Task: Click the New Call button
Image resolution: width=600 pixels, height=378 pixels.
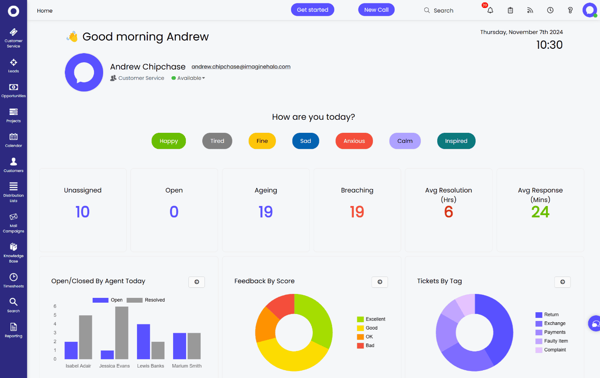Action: pyautogui.click(x=376, y=10)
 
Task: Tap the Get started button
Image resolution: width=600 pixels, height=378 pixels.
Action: pyautogui.click(x=312, y=10)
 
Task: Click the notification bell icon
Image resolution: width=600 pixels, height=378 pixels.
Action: pyautogui.click(x=490, y=10)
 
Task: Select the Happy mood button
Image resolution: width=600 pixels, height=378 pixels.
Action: pyautogui.click(x=168, y=141)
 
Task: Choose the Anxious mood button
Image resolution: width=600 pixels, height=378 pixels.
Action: pyautogui.click(x=354, y=141)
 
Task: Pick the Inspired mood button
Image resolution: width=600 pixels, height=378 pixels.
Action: pyautogui.click(x=456, y=141)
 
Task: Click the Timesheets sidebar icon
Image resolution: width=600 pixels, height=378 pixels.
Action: pyautogui.click(x=13, y=280)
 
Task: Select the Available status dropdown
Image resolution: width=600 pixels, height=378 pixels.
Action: pyautogui.click(x=189, y=78)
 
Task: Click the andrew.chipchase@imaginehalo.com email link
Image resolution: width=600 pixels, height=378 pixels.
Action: pyautogui.click(x=241, y=67)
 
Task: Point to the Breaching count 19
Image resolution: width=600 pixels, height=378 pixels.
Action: pyautogui.click(x=357, y=212)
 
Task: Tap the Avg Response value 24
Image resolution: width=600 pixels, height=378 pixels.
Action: pyautogui.click(x=540, y=212)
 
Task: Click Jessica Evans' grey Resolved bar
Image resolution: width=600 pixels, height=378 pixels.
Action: pyautogui.click(x=122, y=333)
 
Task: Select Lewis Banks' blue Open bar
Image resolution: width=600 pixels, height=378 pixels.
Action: pyautogui.click(x=144, y=341)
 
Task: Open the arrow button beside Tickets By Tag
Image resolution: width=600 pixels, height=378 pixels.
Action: pyautogui.click(x=562, y=282)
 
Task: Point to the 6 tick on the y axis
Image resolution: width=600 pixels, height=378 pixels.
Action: pyautogui.click(x=55, y=307)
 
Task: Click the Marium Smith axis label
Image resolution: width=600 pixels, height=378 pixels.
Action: pyautogui.click(x=187, y=366)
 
